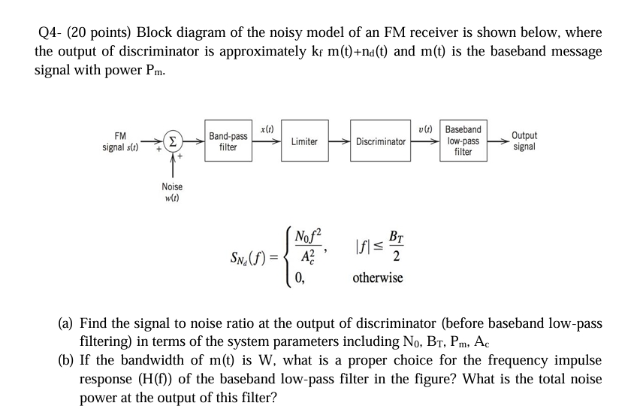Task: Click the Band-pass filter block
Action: coord(228,141)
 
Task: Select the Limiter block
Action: coord(303,141)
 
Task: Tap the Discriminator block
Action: coord(381,141)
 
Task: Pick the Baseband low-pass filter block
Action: coord(463,141)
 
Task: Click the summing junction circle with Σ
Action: coord(172,141)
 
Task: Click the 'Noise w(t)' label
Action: coord(172,192)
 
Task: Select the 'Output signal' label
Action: coord(524,141)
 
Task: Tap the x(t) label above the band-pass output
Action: coord(266,129)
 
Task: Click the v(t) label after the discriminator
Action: coord(427,129)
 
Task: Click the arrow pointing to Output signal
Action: coord(497,141)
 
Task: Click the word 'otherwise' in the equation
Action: coord(378,277)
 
